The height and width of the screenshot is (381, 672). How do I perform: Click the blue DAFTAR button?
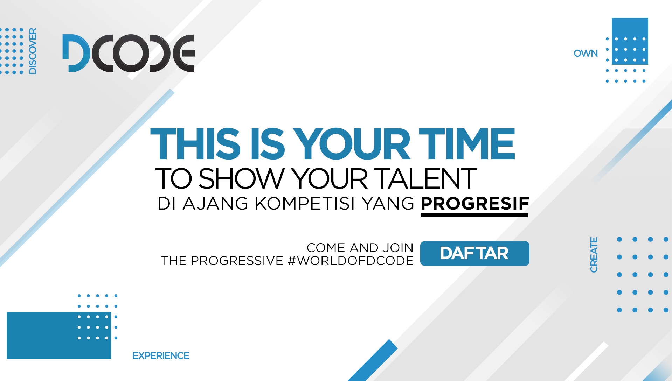pos(474,253)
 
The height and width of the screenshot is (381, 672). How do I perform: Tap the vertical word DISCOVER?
pos(33,51)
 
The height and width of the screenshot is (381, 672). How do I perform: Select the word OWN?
pos(586,54)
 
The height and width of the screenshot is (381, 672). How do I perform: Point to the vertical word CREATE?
pos(594,255)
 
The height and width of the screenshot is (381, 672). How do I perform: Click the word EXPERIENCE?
pos(161,356)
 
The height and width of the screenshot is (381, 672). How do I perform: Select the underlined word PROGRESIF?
pos(475,204)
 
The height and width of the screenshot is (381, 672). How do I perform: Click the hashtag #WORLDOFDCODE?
pos(351,261)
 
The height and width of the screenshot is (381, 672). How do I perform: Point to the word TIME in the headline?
pos(467,144)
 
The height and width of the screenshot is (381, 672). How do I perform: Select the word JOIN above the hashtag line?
pos(398,248)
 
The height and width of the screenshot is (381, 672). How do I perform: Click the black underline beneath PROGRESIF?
pos(474,215)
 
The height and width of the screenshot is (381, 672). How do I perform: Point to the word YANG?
pos(388,204)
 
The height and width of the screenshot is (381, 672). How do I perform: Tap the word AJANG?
pos(215,204)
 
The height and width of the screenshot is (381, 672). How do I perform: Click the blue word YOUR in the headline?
pos(352,144)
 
